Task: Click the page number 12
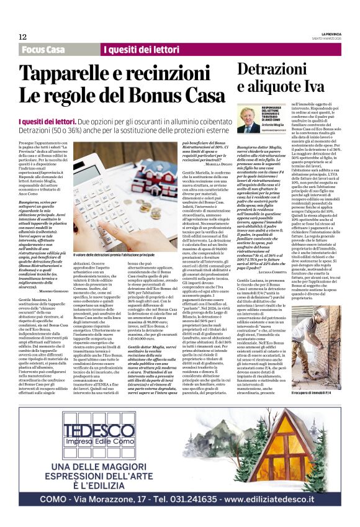pos(23,37)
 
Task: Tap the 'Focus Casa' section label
pos(43,50)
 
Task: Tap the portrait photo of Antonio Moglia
pos(249,118)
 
